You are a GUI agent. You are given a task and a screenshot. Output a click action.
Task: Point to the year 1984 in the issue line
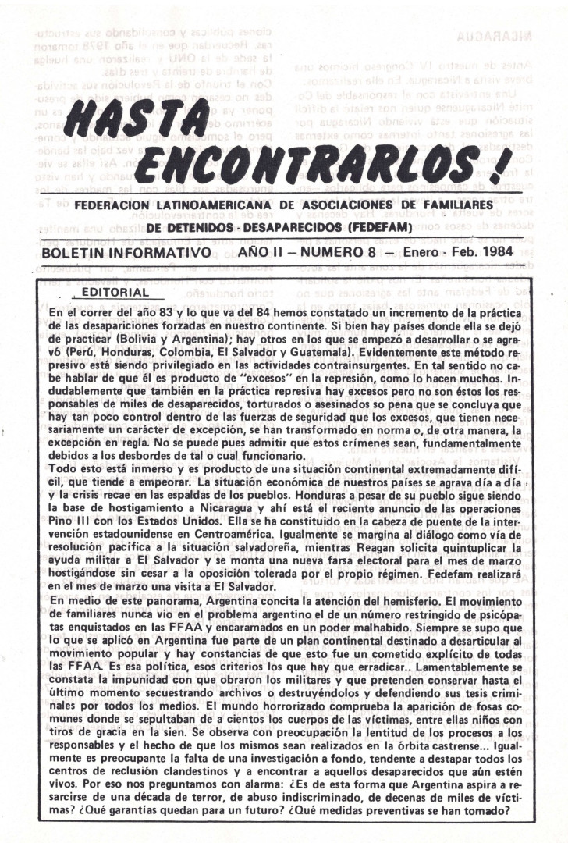tap(509, 254)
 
